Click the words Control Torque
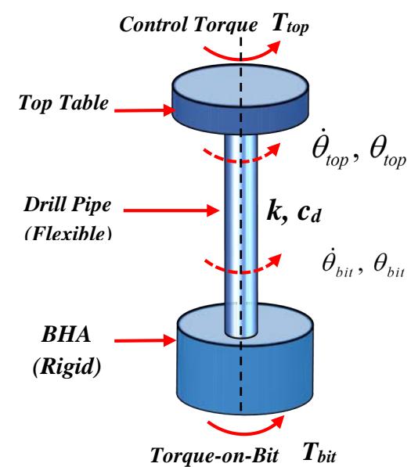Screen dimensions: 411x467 coord(189,25)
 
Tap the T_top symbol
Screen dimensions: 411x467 coord(290,25)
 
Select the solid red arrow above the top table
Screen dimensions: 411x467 coord(240,55)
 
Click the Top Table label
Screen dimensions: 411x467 coord(63,103)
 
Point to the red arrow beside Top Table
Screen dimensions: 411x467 coord(145,110)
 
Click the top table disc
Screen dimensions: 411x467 coord(240,99)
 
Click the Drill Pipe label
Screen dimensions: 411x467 coord(67,205)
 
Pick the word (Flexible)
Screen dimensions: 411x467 coord(68,233)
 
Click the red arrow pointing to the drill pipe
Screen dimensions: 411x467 coord(171,210)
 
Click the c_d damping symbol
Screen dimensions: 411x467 coord(309,214)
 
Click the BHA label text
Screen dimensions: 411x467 coord(67,334)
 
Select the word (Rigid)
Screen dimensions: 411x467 coord(67,367)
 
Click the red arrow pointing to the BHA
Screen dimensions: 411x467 coord(145,340)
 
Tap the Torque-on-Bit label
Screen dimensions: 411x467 coord(215,456)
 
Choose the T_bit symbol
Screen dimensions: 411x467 coord(319,453)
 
